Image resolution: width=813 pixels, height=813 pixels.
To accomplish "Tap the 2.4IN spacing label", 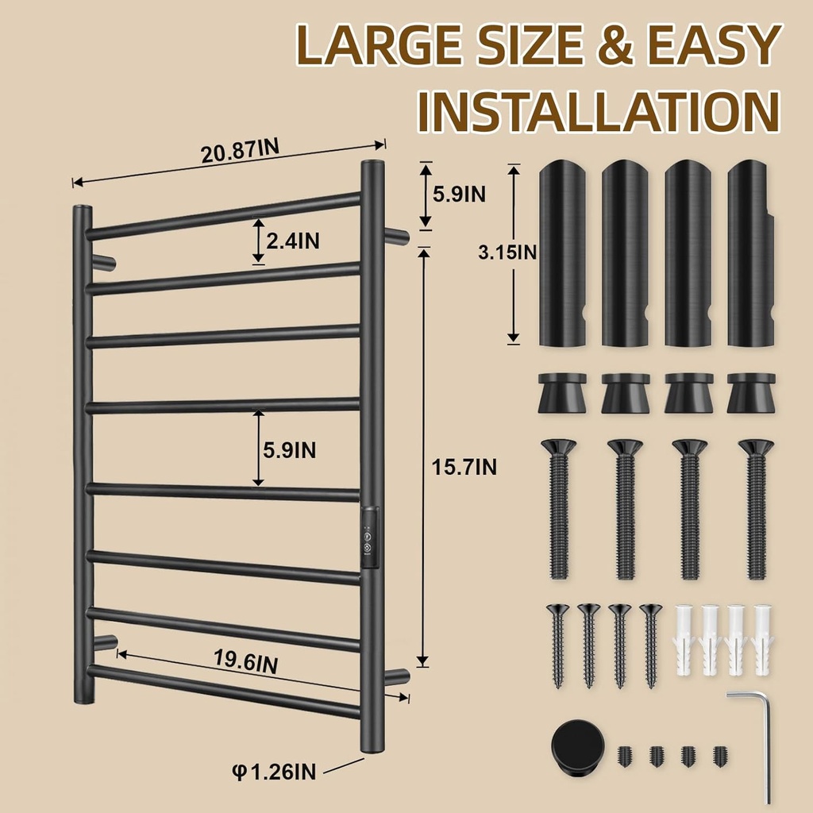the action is pos(293,241).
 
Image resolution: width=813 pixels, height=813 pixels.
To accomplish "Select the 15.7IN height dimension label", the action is pos(464,467).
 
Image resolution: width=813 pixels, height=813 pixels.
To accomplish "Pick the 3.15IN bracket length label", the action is pos(507,252).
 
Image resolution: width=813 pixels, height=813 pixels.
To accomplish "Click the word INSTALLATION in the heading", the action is pos(599,111).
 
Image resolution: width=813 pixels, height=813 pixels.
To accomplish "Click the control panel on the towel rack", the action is pos(369,538).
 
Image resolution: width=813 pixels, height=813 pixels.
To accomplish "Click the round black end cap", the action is pos(578,745).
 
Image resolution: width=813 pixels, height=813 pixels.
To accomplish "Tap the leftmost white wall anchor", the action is pos(684,640).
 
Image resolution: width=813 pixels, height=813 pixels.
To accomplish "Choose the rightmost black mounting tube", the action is pos(751,253).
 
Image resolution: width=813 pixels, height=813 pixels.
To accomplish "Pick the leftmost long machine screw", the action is pos(558,509).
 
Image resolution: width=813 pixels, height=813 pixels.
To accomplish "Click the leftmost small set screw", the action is pos(625,756).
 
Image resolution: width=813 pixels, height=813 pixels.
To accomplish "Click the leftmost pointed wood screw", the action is pos(558,645).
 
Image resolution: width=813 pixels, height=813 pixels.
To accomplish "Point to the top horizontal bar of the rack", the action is pos(223,216).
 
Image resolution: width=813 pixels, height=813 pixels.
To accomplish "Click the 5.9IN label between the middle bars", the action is pos(289,450).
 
